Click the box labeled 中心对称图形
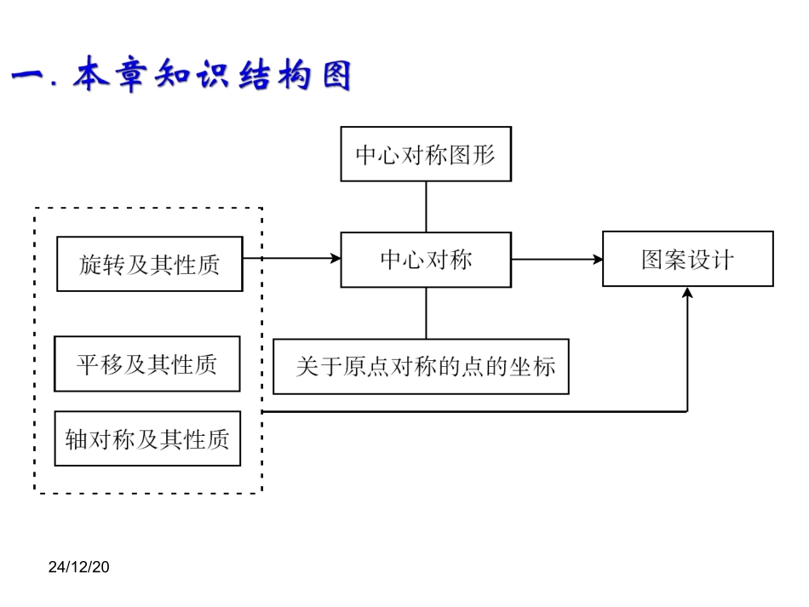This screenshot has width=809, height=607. click(426, 154)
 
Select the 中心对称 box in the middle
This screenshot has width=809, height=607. click(426, 260)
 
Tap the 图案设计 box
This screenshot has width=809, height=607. click(687, 259)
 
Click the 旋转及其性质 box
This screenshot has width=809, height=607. click(149, 264)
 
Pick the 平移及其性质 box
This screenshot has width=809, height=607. click(146, 364)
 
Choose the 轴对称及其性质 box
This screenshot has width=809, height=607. click(146, 439)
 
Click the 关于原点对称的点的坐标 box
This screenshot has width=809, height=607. click(421, 367)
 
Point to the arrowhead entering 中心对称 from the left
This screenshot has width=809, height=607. click(335, 258)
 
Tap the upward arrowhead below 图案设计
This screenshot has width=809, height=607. click(687, 293)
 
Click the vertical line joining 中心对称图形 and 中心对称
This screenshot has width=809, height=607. click(426, 206)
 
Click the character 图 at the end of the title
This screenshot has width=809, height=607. click(334, 77)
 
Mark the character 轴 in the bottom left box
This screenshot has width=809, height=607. click(77, 439)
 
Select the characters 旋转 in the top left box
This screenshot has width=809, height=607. click(101, 264)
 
